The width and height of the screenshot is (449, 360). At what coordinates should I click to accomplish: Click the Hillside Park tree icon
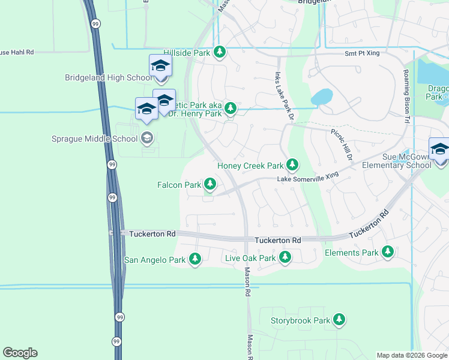[220, 53]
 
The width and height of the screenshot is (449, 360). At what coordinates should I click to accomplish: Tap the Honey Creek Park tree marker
[292, 165]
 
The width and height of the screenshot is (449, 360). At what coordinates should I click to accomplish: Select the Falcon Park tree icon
[210, 184]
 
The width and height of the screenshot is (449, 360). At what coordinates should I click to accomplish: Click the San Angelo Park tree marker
[194, 259]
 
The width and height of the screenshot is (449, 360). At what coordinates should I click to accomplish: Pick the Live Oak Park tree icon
[285, 258]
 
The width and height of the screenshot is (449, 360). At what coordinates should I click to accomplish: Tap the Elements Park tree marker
[388, 252]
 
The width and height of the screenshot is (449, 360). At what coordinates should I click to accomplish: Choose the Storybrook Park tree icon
[339, 320]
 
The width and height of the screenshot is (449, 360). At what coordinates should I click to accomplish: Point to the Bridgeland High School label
[109, 77]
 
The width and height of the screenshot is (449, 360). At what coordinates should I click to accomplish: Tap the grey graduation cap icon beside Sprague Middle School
[146, 139]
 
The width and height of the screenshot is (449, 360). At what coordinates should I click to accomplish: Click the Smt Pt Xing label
[362, 53]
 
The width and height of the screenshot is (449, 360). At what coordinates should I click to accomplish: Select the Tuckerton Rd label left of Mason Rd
[152, 233]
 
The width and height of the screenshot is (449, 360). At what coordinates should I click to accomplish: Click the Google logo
[20, 353]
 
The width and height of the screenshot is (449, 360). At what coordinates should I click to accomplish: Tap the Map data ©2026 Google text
[411, 355]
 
